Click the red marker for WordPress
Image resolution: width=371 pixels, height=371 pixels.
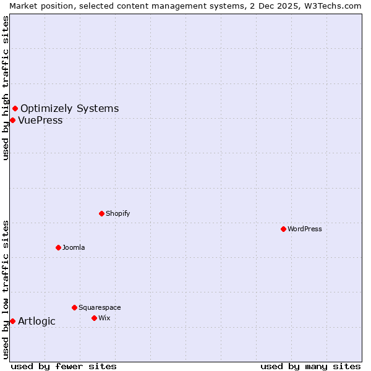coord(283,229)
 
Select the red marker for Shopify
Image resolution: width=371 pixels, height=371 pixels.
coord(101,213)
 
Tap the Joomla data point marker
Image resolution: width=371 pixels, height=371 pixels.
coord(58,247)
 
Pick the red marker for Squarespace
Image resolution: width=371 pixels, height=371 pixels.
coord(74,307)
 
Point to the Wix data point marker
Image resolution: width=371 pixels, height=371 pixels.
coord(94,318)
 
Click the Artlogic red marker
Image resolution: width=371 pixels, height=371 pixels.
coord(12,321)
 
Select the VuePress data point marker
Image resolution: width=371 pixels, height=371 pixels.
coord(12,120)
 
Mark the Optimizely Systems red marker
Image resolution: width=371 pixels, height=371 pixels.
coord(15,109)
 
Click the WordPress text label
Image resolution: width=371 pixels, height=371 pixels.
coord(305,229)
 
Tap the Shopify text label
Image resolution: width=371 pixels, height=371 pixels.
coord(117,213)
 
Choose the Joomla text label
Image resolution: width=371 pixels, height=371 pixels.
coord(74,247)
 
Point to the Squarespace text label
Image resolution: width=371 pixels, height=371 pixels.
coord(100,307)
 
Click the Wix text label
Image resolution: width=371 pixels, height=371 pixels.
coord(104,318)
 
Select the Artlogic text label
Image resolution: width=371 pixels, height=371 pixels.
coord(36,321)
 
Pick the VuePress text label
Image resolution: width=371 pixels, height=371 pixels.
coord(40,120)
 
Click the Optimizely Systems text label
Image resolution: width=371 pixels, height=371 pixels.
coord(69,109)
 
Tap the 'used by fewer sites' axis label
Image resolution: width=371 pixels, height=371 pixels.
coord(64,366)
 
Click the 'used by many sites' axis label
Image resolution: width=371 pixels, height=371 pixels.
coord(310,366)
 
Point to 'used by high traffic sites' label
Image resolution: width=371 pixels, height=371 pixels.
coord(6,88)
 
